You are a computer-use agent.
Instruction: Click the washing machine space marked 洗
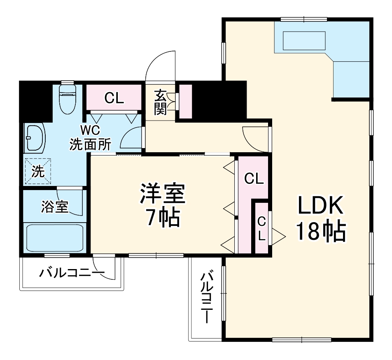[x=37, y=172]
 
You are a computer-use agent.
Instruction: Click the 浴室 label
[x=54, y=207]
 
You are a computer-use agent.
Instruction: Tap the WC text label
[x=89, y=131]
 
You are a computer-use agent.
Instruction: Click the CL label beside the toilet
[x=114, y=98]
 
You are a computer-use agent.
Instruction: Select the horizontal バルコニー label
[x=72, y=272]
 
